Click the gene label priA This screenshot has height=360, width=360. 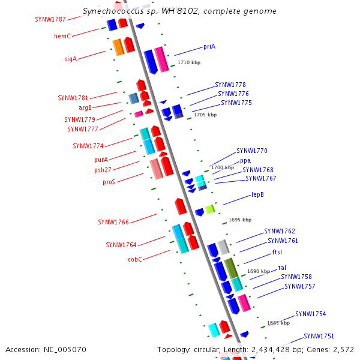coord(209,46)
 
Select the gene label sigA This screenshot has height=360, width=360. coord(70,59)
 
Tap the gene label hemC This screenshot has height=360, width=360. coord(62,37)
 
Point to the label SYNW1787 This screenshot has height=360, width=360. coord(50,19)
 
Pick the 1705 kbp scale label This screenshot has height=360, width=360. coord(205,115)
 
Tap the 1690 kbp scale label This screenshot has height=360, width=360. coord(259,271)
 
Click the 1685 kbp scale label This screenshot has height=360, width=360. coord(278,323)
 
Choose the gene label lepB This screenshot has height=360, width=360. coord(257,195)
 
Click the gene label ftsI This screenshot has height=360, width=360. coord(277,252)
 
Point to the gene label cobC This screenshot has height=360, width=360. coord(134,260)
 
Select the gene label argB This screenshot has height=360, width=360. coord(85,108)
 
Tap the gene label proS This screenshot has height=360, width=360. coord(109,182)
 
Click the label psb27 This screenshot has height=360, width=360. coord(103,170)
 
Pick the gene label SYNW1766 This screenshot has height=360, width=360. coord(113,223)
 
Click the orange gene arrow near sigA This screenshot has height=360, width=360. coord(118,47)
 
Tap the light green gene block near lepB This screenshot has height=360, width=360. coord(209,209)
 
